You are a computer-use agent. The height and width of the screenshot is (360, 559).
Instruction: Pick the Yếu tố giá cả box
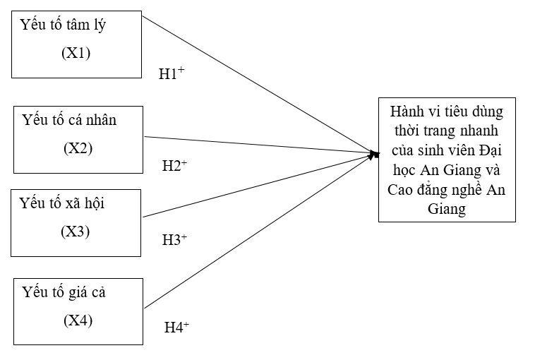click(78, 311)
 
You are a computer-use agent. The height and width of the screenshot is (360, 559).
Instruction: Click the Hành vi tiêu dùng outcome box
click(447, 160)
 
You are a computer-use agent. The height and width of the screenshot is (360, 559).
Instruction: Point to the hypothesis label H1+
click(172, 73)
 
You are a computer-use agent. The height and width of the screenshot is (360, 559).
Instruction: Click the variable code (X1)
click(76, 54)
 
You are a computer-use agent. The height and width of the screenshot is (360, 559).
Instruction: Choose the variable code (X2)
click(78, 148)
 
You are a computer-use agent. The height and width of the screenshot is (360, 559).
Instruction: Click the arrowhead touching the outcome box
click(373, 152)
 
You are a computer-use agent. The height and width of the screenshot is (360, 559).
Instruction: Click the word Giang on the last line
click(447, 210)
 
